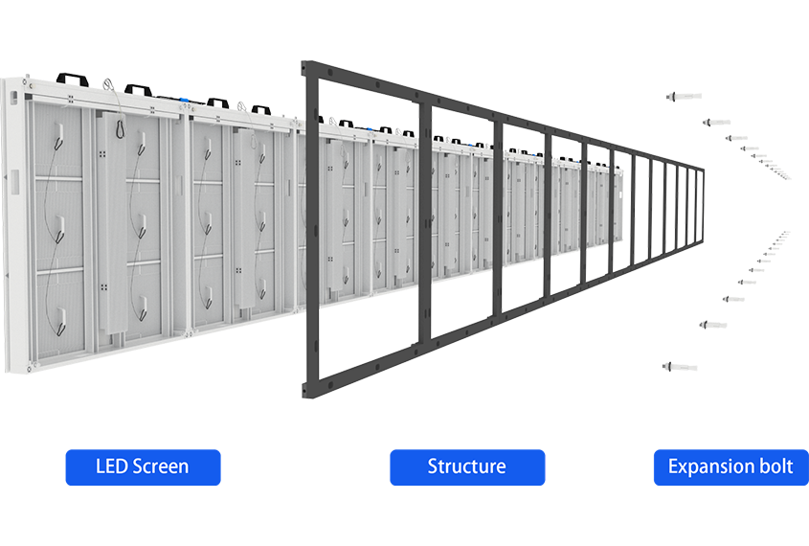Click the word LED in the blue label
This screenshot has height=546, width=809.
pyautogui.click(x=111, y=466)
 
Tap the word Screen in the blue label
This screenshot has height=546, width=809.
pyautogui.click(x=161, y=466)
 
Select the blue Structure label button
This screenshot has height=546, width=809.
pyautogui.click(x=467, y=467)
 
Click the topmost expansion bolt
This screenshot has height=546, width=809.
pyautogui.click(x=685, y=96)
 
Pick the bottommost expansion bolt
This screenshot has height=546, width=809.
pyautogui.click(x=680, y=367)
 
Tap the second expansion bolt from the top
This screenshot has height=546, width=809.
pyautogui.click(x=716, y=123)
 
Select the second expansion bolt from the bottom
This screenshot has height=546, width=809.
pyautogui.click(x=713, y=325)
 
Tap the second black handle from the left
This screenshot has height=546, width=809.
pyautogui.click(x=138, y=89)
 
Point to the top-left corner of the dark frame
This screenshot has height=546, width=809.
pyautogui.click(x=303, y=62)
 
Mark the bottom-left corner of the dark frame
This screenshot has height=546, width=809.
pyautogui.click(x=303, y=398)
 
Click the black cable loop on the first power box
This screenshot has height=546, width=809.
pyautogui.click(x=121, y=127)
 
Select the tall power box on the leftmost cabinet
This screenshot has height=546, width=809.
pyautogui.click(x=111, y=223)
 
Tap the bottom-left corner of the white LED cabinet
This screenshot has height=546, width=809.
pyautogui.click(x=8, y=372)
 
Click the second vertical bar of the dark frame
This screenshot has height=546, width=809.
pyautogui.click(x=425, y=225)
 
